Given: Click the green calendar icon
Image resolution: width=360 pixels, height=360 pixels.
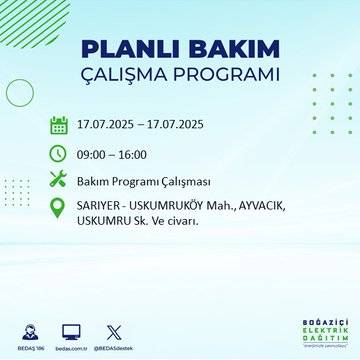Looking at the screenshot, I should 59,126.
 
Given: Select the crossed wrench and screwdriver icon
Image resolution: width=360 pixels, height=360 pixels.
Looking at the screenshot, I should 59,180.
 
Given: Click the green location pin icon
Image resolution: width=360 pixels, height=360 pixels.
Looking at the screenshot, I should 59,207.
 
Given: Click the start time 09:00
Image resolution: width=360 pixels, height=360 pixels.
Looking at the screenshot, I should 94,154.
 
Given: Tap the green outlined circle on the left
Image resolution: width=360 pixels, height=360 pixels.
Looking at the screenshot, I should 20,92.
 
